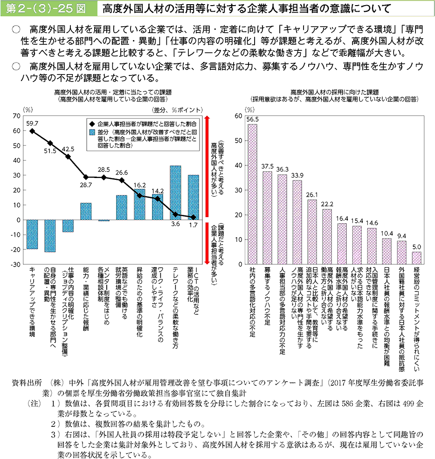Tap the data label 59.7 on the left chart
point(32,123)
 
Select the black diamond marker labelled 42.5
point(68,157)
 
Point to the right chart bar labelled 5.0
point(417,258)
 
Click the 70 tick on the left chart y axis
point(18,116)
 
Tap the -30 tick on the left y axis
point(17,264)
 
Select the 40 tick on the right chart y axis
point(238,165)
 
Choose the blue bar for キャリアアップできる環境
point(32,234)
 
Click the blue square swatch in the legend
point(92,132)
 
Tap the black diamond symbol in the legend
point(92,124)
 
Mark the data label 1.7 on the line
point(193,225)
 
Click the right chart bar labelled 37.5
point(267,218)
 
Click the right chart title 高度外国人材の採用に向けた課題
point(334,92)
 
